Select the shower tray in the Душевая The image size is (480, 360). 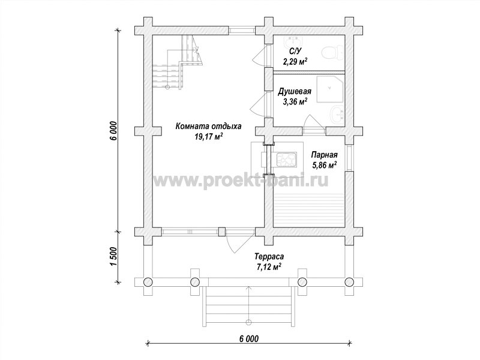tap(329, 88)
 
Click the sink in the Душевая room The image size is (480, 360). tap(337, 115)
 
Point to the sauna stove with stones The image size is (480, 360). tap(287, 160)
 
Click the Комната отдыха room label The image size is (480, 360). tap(208, 126)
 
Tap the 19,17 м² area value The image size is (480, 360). tap(208, 136)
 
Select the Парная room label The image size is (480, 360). tap(324, 155)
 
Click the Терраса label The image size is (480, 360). tap(269, 256)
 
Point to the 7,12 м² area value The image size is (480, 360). tap(269, 266)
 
